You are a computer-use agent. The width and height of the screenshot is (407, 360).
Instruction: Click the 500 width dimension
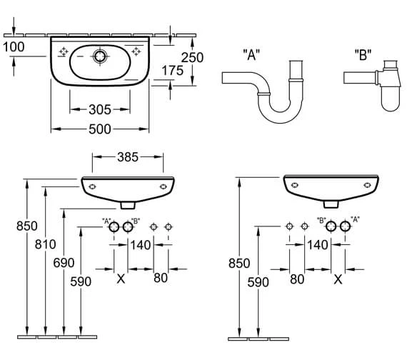click(x=100, y=129)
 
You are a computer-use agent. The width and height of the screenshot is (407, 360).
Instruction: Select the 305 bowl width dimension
click(x=100, y=109)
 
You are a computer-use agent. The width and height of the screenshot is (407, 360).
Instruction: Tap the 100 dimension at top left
click(x=14, y=46)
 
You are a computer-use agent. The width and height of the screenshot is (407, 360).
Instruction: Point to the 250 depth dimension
click(x=192, y=57)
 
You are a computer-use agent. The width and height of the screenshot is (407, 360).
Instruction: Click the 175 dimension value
click(x=172, y=71)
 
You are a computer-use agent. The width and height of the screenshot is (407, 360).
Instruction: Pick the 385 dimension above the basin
click(x=128, y=157)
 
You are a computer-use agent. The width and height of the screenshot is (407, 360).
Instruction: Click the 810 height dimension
click(x=46, y=244)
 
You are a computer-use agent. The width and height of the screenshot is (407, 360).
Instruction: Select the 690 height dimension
click(x=64, y=263)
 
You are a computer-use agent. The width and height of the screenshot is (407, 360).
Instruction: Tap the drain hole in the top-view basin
click(x=100, y=56)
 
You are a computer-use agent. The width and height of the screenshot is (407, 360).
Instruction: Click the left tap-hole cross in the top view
click(x=64, y=51)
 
